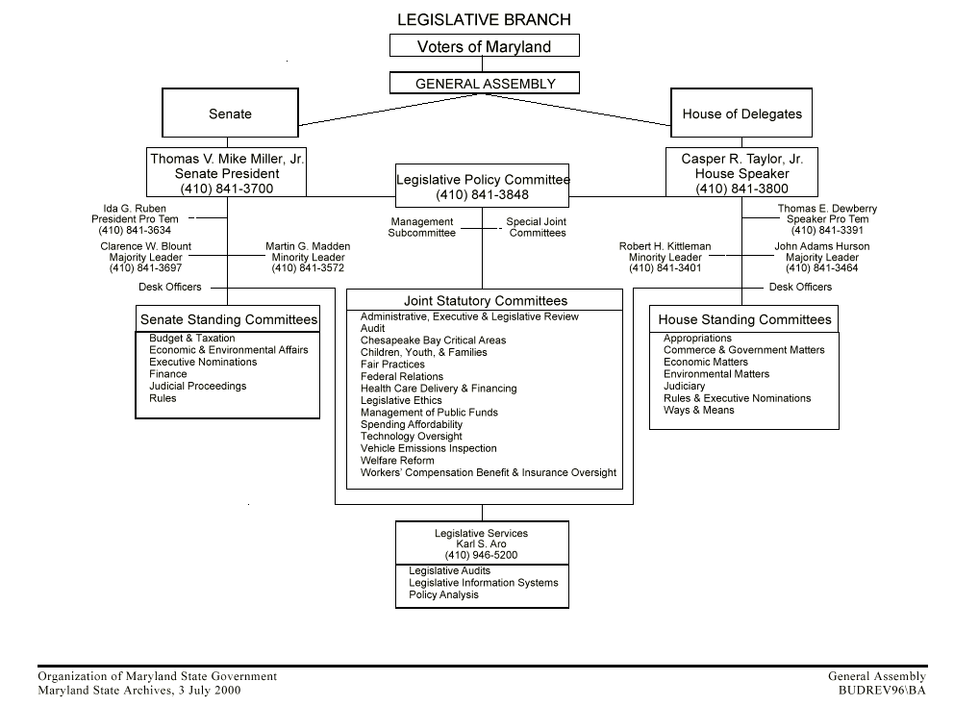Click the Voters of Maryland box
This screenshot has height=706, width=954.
pyautogui.click(x=484, y=46)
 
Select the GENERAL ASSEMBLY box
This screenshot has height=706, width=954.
pyautogui.click(x=485, y=84)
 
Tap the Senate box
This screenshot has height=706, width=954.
pyautogui.click(x=230, y=113)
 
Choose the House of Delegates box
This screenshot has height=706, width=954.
pyautogui.click(x=741, y=113)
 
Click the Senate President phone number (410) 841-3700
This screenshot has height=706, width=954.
pyautogui.click(x=227, y=189)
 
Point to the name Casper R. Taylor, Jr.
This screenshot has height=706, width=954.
pyautogui.click(x=741, y=159)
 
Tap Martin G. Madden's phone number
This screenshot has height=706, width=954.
pyautogui.click(x=308, y=267)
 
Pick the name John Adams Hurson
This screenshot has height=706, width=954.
pyautogui.click(x=822, y=246)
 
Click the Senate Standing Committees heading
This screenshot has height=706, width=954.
pyautogui.click(x=229, y=319)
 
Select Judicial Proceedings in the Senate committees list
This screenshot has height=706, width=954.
pyautogui.click(x=197, y=387)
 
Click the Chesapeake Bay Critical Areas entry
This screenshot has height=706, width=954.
pyautogui.click(x=433, y=340)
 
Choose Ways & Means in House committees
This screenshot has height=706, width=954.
pyautogui.click(x=698, y=411)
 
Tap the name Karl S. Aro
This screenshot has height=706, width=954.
pyautogui.click(x=481, y=544)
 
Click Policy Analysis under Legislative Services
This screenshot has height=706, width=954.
pyautogui.click(x=443, y=595)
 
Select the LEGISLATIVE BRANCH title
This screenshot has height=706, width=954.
pyautogui.click(x=484, y=19)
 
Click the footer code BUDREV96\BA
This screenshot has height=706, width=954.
pyautogui.click(x=882, y=690)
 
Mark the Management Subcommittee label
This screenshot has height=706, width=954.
pyautogui.click(x=421, y=227)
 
